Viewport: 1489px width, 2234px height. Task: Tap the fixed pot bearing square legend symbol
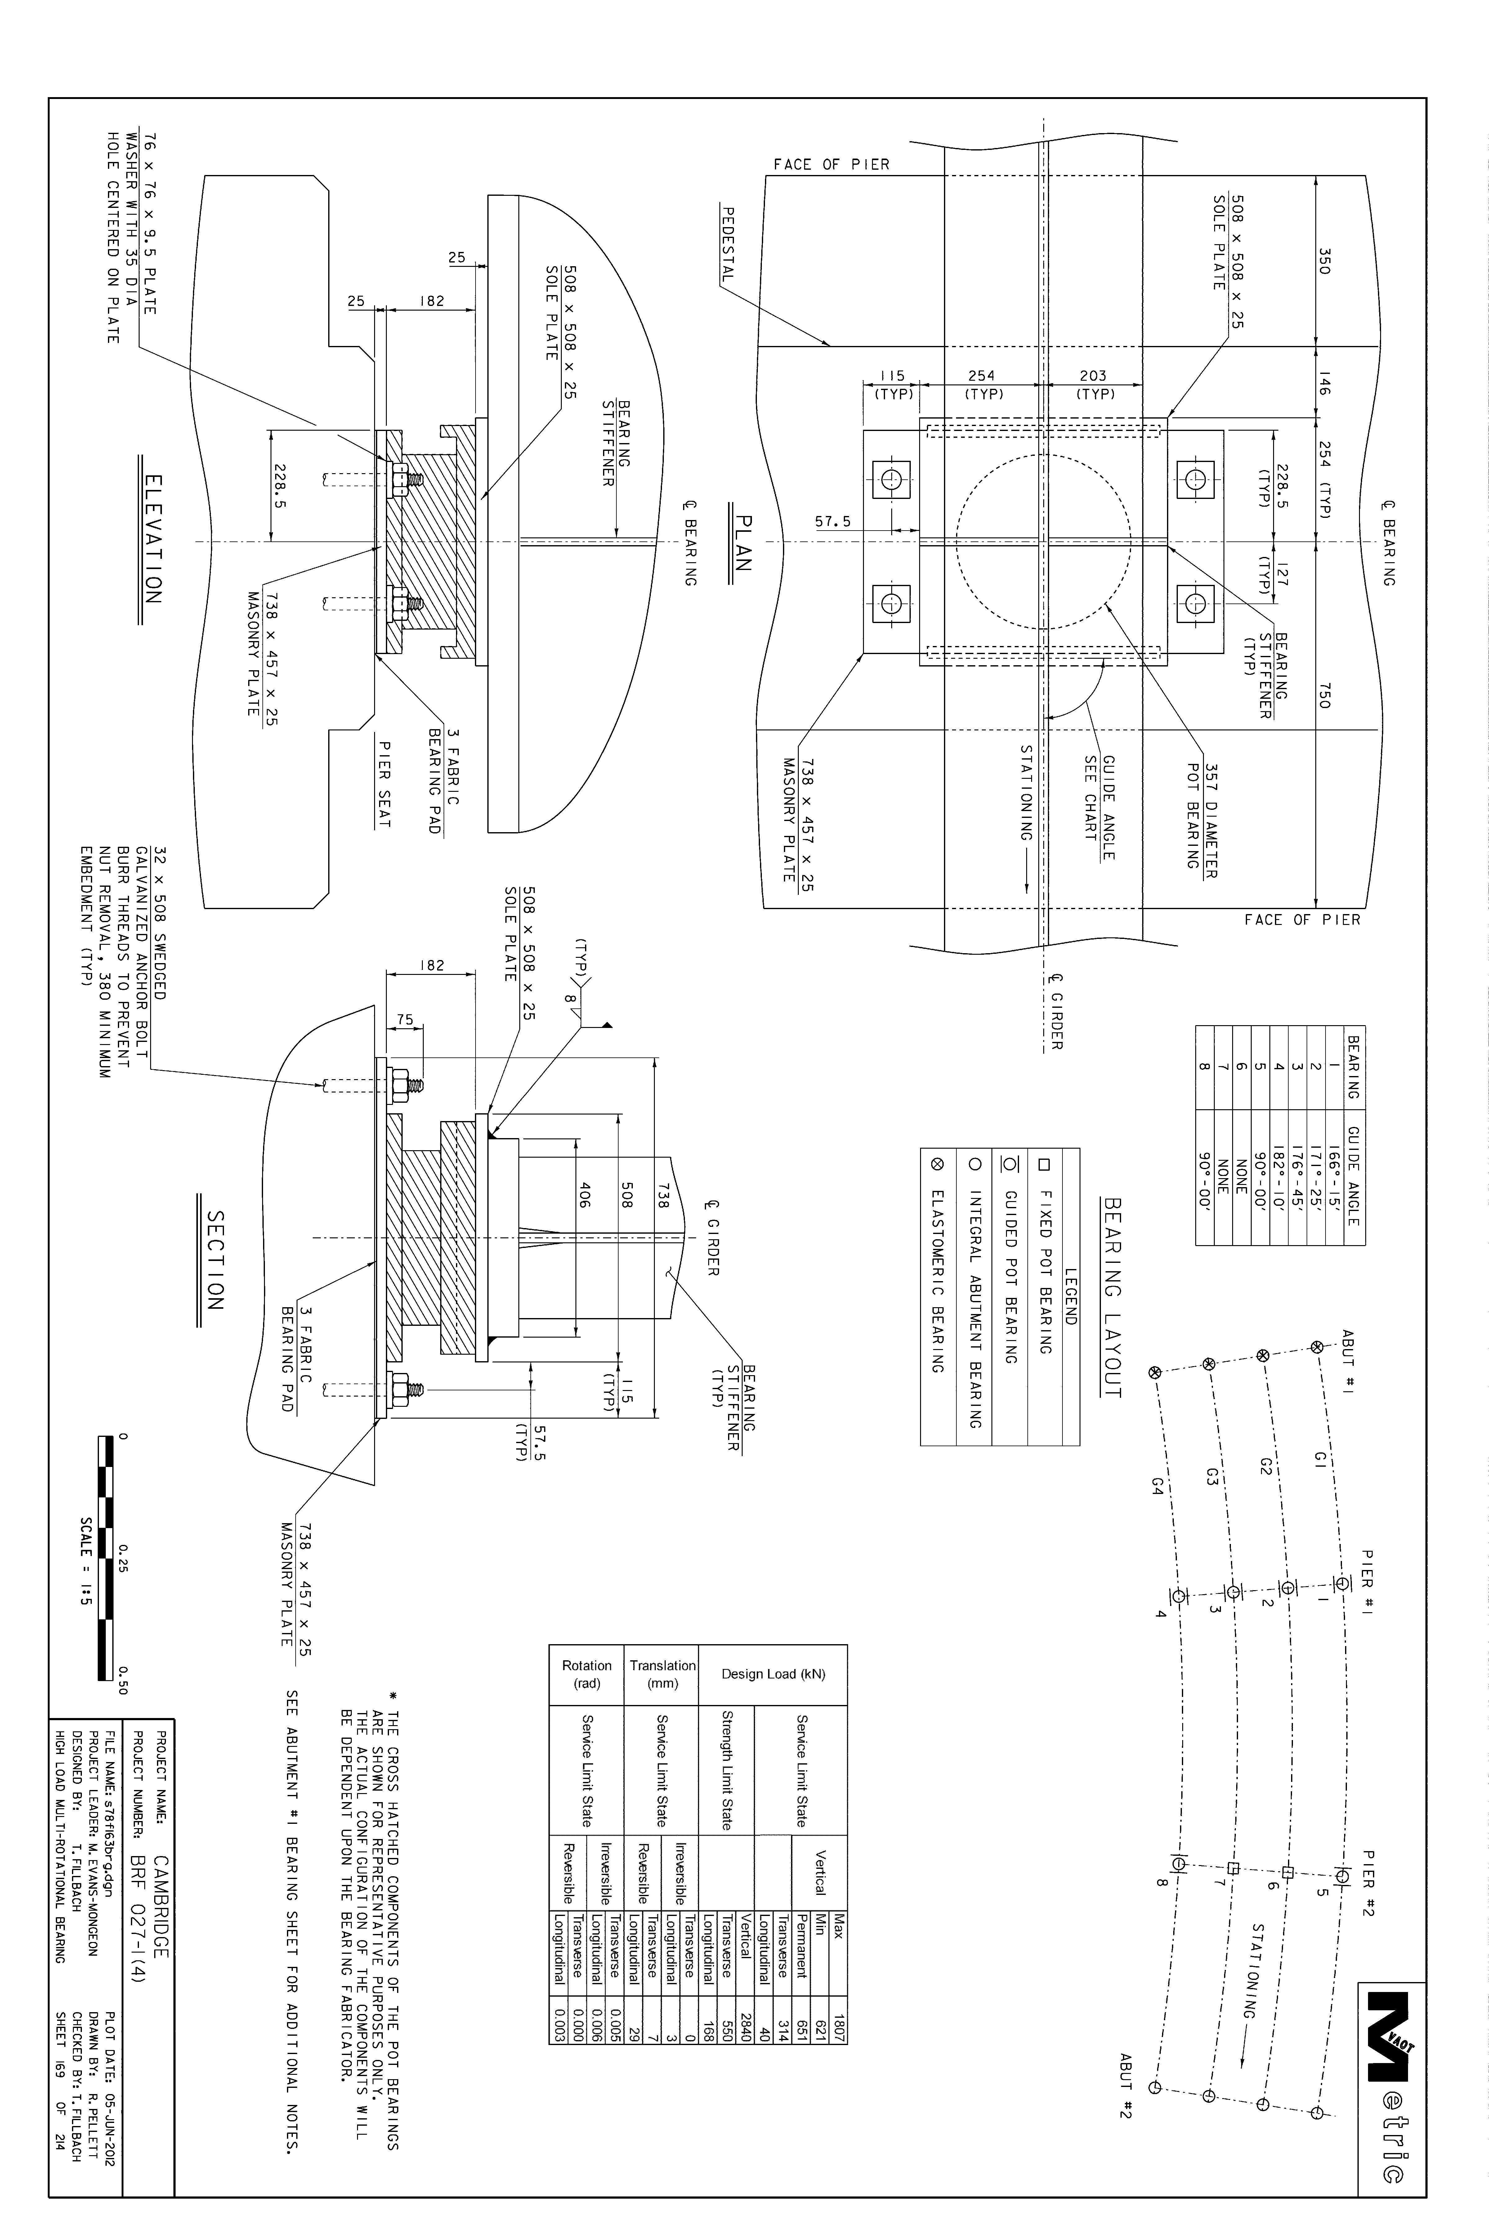pyautogui.click(x=1044, y=1164)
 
